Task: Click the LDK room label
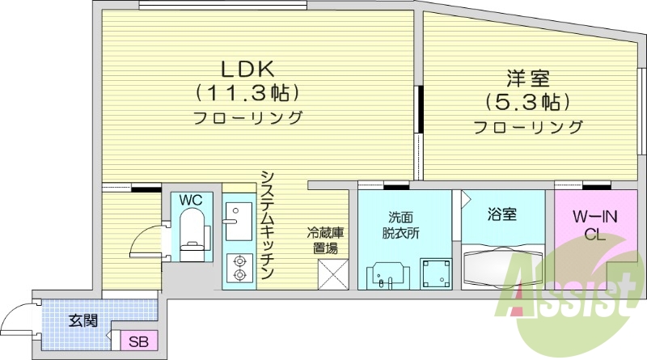(x=247, y=67)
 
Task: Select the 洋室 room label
(x=528, y=78)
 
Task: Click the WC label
(x=191, y=200)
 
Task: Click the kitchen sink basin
(x=238, y=221)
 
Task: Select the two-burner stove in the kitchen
(x=239, y=268)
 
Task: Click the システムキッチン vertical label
(x=269, y=225)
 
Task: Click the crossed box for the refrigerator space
(x=332, y=274)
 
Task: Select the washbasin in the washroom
(x=383, y=274)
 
